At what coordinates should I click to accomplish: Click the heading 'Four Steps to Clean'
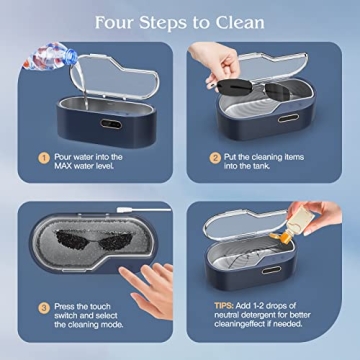(180, 22)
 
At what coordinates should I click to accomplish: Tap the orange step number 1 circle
(43, 157)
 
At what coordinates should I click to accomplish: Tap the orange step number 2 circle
(215, 157)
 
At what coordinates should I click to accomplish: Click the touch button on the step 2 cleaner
(287, 119)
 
